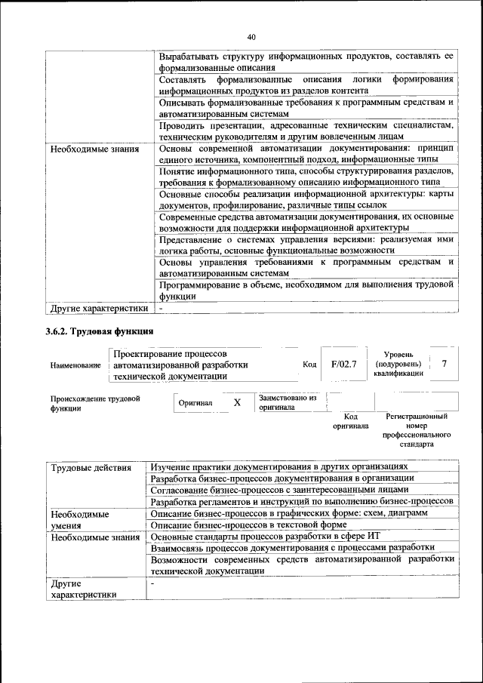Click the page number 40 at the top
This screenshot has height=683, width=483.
(251, 36)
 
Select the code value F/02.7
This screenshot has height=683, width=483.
(343, 365)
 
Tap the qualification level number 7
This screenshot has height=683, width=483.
(445, 365)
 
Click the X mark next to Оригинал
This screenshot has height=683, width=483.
(237, 402)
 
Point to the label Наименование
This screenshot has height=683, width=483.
(75, 365)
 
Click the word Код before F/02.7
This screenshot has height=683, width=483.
(309, 365)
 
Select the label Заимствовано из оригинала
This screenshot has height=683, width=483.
(287, 401)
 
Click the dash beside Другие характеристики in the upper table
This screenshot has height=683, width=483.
(161, 308)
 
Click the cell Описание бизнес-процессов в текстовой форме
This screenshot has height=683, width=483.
(262, 525)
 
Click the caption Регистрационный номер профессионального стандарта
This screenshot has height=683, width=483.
(417, 430)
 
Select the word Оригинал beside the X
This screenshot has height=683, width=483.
(195, 403)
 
